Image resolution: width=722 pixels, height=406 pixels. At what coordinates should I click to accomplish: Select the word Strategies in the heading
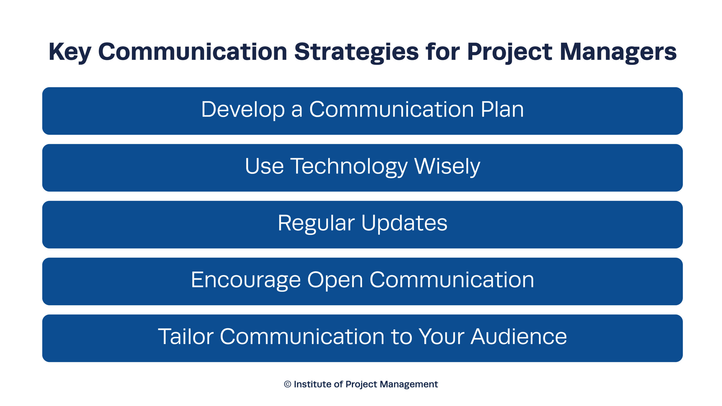(x=357, y=53)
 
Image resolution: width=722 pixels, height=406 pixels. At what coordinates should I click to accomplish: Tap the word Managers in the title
(x=618, y=53)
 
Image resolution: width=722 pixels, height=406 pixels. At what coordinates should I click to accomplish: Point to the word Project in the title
(x=510, y=53)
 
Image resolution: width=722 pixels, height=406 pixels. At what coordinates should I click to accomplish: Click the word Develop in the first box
(x=243, y=110)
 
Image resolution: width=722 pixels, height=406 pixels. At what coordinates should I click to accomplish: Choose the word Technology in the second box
(x=349, y=167)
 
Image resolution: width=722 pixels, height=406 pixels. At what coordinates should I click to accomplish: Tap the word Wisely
(x=447, y=167)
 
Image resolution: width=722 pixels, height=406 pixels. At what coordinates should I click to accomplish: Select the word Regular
(x=316, y=224)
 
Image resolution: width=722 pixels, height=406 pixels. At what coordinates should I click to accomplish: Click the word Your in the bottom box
(x=441, y=336)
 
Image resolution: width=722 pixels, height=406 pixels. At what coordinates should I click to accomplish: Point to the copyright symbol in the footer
(x=287, y=384)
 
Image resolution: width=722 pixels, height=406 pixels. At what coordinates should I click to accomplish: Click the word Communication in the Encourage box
(x=452, y=280)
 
